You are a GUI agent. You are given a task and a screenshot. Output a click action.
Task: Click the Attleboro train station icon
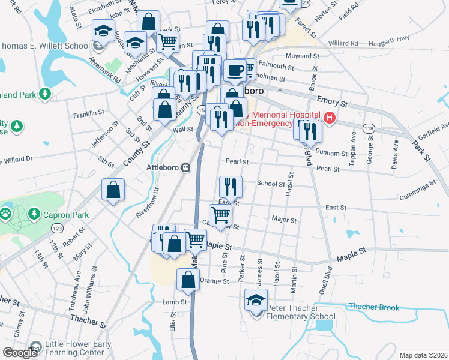(186, 167)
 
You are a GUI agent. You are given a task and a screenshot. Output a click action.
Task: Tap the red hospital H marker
(330, 119)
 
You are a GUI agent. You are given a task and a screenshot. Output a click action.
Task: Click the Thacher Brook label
(374, 307)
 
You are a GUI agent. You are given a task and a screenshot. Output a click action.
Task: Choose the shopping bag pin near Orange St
(188, 280)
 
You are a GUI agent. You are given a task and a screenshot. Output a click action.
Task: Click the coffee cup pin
(235, 70)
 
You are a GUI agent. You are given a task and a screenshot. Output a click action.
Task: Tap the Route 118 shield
(369, 129)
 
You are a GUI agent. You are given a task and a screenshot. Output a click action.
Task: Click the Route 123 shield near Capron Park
(58, 229)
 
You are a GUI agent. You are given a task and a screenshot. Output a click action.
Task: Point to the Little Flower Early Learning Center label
(73, 348)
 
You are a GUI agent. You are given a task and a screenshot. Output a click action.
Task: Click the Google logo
(19, 353)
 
